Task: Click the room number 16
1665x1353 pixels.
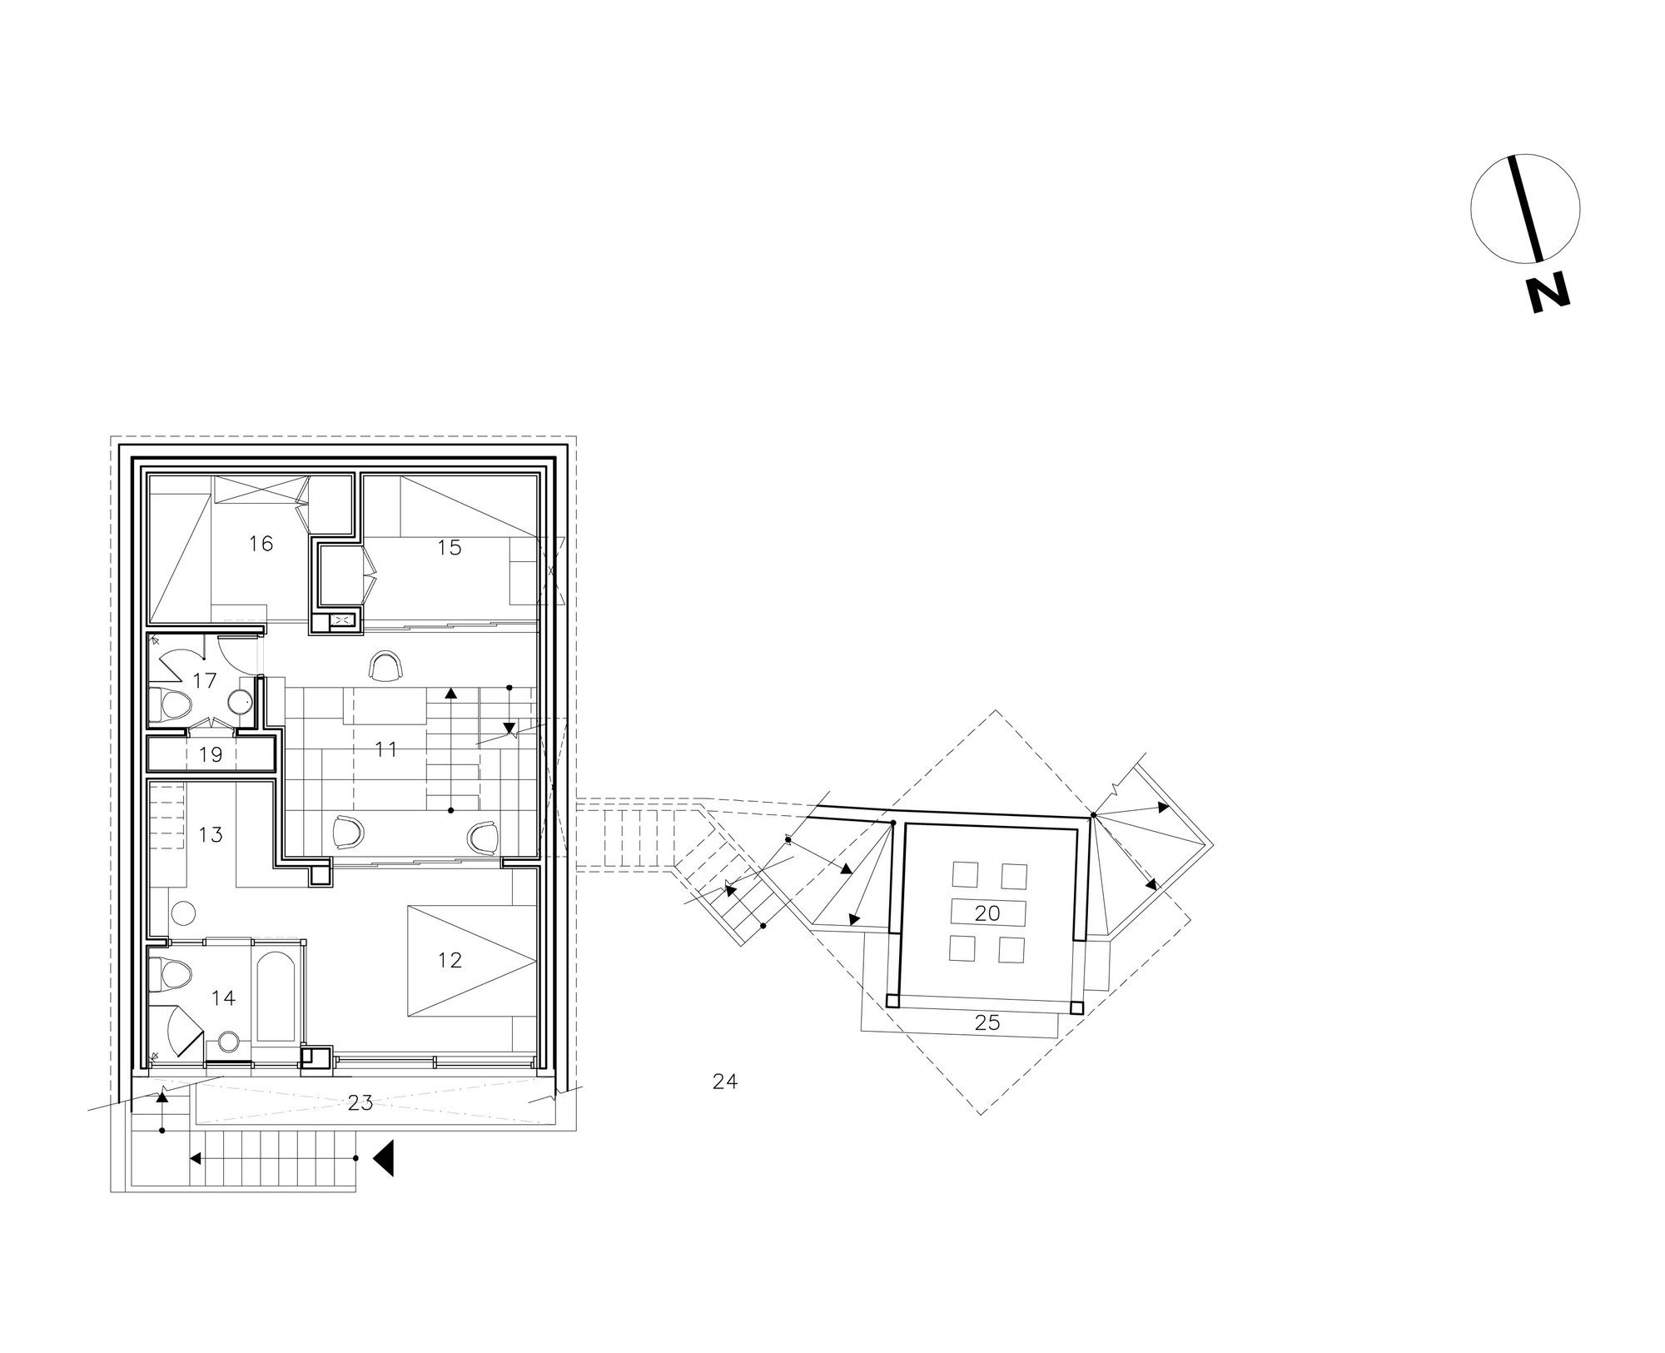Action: click(x=261, y=544)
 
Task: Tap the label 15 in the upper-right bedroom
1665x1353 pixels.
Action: click(x=449, y=547)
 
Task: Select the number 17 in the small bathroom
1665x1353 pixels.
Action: click(x=204, y=681)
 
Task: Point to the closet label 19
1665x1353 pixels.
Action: click(x=211, y=755)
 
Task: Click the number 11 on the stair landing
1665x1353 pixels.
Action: click(x=385, y=749)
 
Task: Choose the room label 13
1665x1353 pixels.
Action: click(x=211, y=834)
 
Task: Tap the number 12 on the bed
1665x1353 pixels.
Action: click(x=450, y=960)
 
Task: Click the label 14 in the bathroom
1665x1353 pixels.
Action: click(x=223, y=997)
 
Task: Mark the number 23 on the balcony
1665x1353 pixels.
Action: click(x=360, y=1103)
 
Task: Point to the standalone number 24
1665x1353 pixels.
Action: click(x=725, y=1082)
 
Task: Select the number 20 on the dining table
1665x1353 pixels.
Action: click(x=987, y=913)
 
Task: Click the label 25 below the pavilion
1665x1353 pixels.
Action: click(x=987, y=1022)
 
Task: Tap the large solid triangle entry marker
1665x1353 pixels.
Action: click(x=383, y=1158)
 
